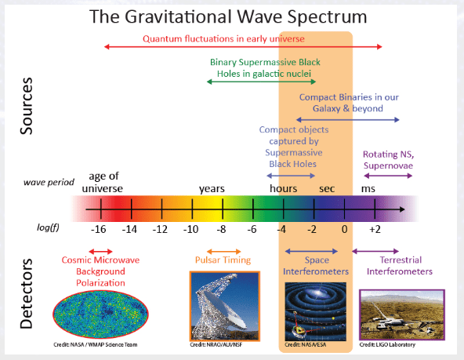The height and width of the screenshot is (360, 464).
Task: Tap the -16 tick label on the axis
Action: [x=98, y=229]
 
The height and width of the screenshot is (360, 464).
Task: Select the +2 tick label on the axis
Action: [x=374, y=229]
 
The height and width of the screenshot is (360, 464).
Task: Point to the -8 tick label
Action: [x=222, y=229]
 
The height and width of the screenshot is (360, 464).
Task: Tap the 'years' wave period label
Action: [x=212, y=188]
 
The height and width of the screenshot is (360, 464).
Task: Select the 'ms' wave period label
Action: [x=368, y=188]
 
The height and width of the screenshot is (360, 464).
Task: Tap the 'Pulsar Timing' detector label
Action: [x=223, y=260]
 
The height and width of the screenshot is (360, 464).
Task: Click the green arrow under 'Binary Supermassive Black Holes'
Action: [x=260, y=81]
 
